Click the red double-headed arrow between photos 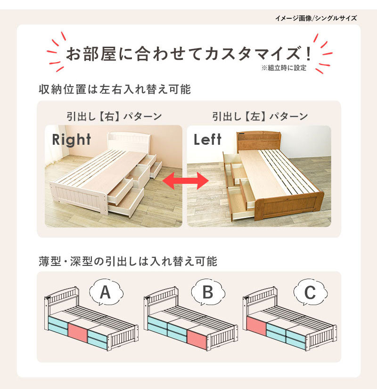(186, 181)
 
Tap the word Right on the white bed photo (72, 140)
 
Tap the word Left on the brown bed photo (207, 140)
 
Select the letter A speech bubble (106, 292)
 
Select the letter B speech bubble (208, 292)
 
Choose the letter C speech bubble (310, 292)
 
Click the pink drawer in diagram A (78, 332)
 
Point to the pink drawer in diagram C (256, 326)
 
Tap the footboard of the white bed (79, 196)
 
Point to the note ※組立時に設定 (284, 68)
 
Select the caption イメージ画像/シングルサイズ (316, 18)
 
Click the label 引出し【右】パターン (114, 116)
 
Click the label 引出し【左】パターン (260, 116)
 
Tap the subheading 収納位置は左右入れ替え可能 (115, 89)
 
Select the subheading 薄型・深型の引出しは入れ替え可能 (128, 261)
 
